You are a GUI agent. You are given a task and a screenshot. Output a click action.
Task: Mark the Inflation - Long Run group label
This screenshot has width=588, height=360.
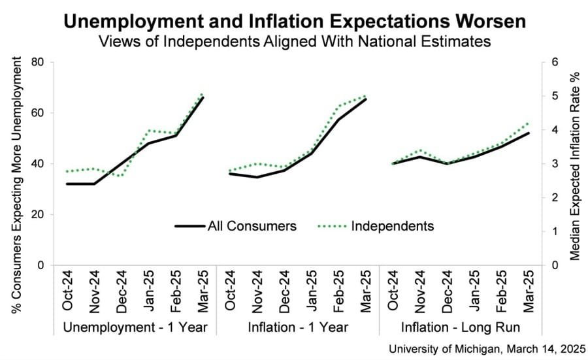(x=460, y=326)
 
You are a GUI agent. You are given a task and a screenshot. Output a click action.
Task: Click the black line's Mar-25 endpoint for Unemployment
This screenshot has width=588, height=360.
(x=203, y=97)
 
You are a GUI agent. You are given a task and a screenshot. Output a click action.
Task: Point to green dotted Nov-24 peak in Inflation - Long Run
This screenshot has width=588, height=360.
(x=419, y=150)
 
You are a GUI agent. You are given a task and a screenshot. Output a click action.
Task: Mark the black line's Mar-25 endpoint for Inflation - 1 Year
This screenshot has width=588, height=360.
(x=366, y=99)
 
